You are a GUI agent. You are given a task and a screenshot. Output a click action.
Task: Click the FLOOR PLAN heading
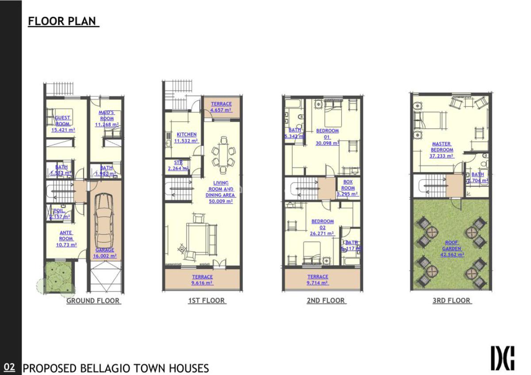point(63,21)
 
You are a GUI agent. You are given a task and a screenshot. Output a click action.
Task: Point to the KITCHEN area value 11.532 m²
point(186,141)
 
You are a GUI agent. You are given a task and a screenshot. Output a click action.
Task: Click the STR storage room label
point(178,162)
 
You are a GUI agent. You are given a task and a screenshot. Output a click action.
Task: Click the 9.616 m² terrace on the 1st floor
point(202,280)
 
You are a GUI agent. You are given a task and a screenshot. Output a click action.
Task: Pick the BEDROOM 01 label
point(327,137)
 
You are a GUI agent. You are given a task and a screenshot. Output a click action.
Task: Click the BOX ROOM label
point(348,188)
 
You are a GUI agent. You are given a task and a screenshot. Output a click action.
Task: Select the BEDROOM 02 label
point(323,227)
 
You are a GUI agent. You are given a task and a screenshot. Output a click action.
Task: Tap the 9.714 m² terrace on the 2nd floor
point(318,280)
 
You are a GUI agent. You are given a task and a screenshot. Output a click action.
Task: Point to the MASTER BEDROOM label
point(442,149)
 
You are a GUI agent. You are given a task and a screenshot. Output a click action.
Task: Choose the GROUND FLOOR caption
point(93,301)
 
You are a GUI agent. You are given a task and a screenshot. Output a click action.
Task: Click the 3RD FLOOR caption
point(451,301)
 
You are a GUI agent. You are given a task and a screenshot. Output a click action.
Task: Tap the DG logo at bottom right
point(503,358)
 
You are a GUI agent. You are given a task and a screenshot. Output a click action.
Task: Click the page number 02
point(9,367)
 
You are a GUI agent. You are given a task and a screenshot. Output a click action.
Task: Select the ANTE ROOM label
point(66,238)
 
